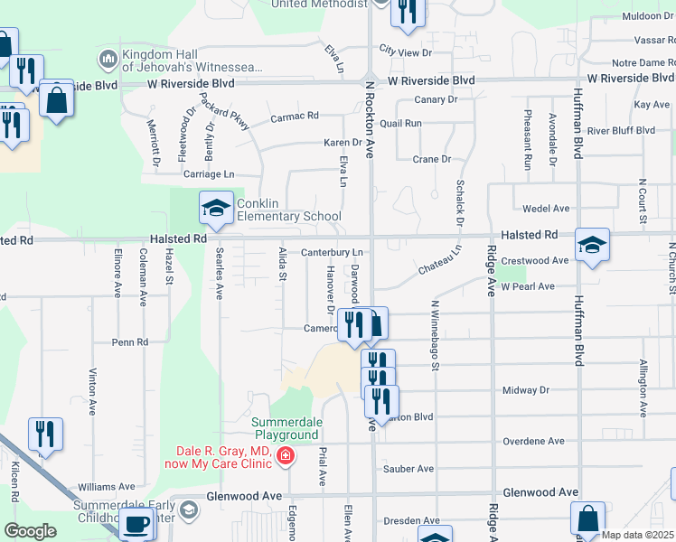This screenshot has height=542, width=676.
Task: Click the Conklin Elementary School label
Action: [289, 210]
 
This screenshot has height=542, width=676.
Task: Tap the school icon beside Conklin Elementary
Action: [217, 209]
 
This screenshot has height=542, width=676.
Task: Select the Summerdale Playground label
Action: [286, 428]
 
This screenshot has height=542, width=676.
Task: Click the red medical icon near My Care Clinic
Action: [286, 456]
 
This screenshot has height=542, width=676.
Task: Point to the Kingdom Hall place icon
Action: [108, 59]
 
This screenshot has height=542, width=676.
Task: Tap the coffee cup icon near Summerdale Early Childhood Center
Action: [137, 524]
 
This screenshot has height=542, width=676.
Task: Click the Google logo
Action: [30, 531]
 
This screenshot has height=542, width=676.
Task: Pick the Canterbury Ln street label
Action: [332, 252]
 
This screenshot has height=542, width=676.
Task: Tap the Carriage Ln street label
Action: [209, 174]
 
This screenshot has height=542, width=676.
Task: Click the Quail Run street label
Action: [401, 123]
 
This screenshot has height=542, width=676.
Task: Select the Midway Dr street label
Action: [525, 390]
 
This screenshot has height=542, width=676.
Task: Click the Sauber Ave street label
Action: [408, 469]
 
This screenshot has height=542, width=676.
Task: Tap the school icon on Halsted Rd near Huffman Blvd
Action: [592, 245]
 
